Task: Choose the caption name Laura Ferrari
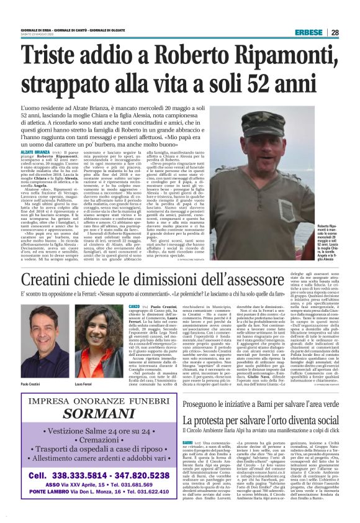click(x=87, y=368)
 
